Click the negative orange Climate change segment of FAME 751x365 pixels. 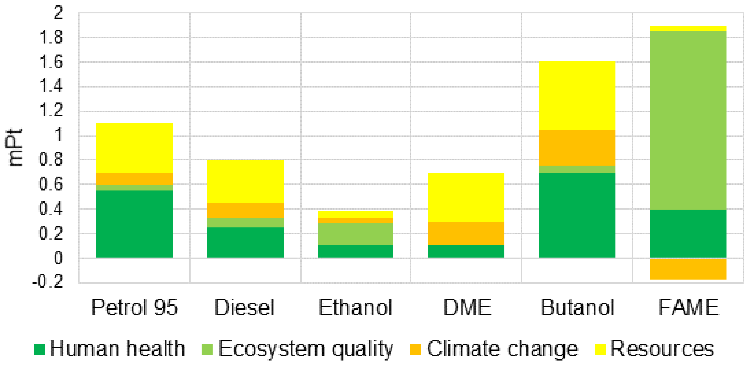coord(688,269)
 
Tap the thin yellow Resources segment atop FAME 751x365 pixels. coord(688,29)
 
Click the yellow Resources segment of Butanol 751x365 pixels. coord(577,96)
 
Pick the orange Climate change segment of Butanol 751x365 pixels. coord(577,148)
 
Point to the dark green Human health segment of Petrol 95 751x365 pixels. coord(134,224)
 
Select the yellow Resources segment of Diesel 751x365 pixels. coord(245,182)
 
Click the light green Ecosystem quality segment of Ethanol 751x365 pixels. coord(355,234)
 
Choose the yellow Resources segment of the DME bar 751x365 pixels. coord(466,197)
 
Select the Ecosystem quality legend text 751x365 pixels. coord(306,349)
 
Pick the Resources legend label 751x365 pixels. coord(662,349)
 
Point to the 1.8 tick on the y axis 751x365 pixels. coord(51,38)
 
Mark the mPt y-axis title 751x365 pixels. coord(14,147)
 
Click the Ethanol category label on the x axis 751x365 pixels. coord(355,307)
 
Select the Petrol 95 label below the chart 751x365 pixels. coord(134,307)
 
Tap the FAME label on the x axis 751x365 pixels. coord(689,307)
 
